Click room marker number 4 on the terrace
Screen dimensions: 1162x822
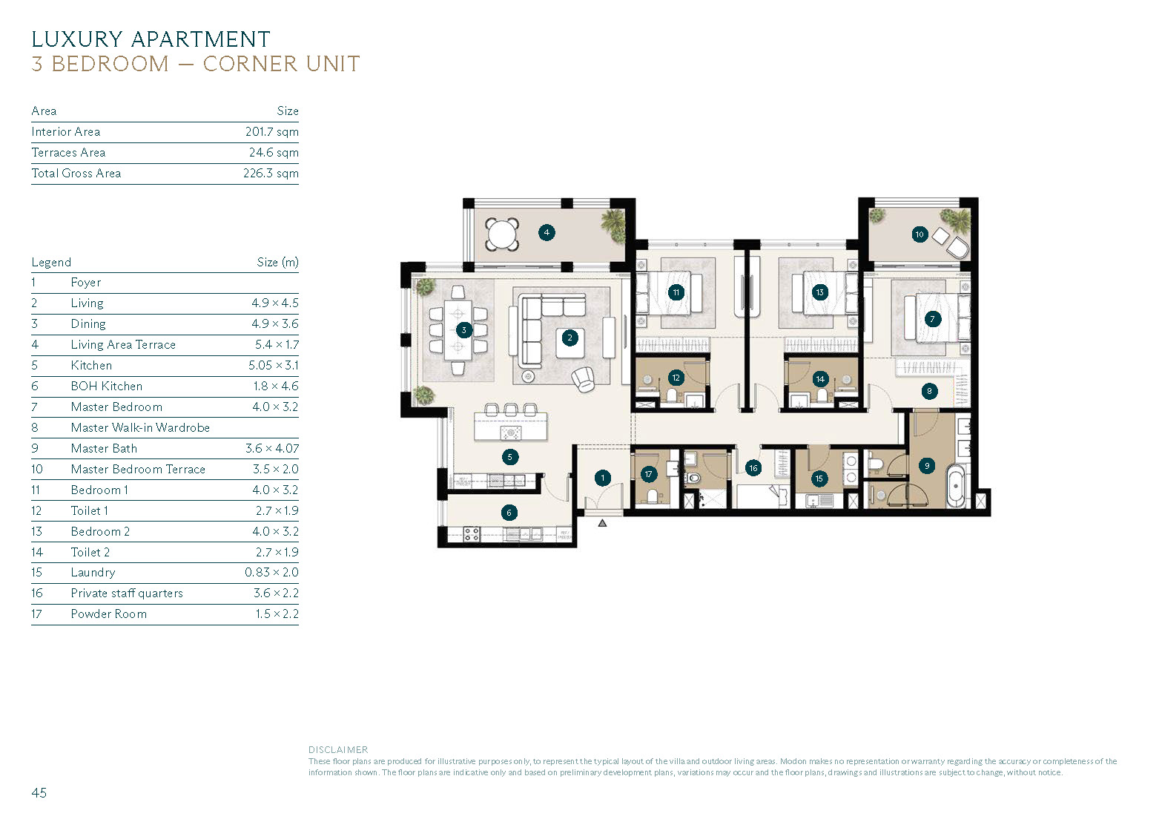pyautogui.click(x=547, y=232)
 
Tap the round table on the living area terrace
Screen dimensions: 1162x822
pyautogui.click(x=501, y=234)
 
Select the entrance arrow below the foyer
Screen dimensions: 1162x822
pyautogui.click(x=602, y=523)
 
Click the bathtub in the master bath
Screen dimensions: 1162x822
pyautogui.click(x=956, y=486)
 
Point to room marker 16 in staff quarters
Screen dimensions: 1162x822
pyautogui.click(x=753, y=468)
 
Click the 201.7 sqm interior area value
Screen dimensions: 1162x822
pyautogui.click(x=272, y=132)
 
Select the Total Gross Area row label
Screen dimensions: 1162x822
pyautogui.click(x=76, y=174)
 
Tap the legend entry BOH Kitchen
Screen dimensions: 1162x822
pyautogui.click(x=106, y=386)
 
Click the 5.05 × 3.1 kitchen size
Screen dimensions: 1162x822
pyautogui.click(x=274, y=365)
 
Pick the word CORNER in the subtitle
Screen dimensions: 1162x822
pyautogui.click(x=250, y=64)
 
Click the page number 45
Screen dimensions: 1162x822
pyautogui.click(x=39, y=792)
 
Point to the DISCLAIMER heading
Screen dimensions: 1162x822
pyautogui.click(x=338, y=750)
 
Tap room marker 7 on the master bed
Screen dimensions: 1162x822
pyautogui.click(x=932, y=318)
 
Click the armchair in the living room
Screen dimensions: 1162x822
pyautogui.click(x=584, y=379)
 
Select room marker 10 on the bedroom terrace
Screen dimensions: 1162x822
pyautogui.click(x=920, y=234)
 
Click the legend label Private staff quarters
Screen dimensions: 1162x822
pyautogui.click(x=127, y=594)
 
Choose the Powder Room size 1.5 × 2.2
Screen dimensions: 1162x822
pyautogui.click(x=277, y=614)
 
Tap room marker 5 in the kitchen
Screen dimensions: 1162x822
pyautogui.click(x=510, y=457)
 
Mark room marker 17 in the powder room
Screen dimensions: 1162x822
pyautogui.click(x=648, y=474)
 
